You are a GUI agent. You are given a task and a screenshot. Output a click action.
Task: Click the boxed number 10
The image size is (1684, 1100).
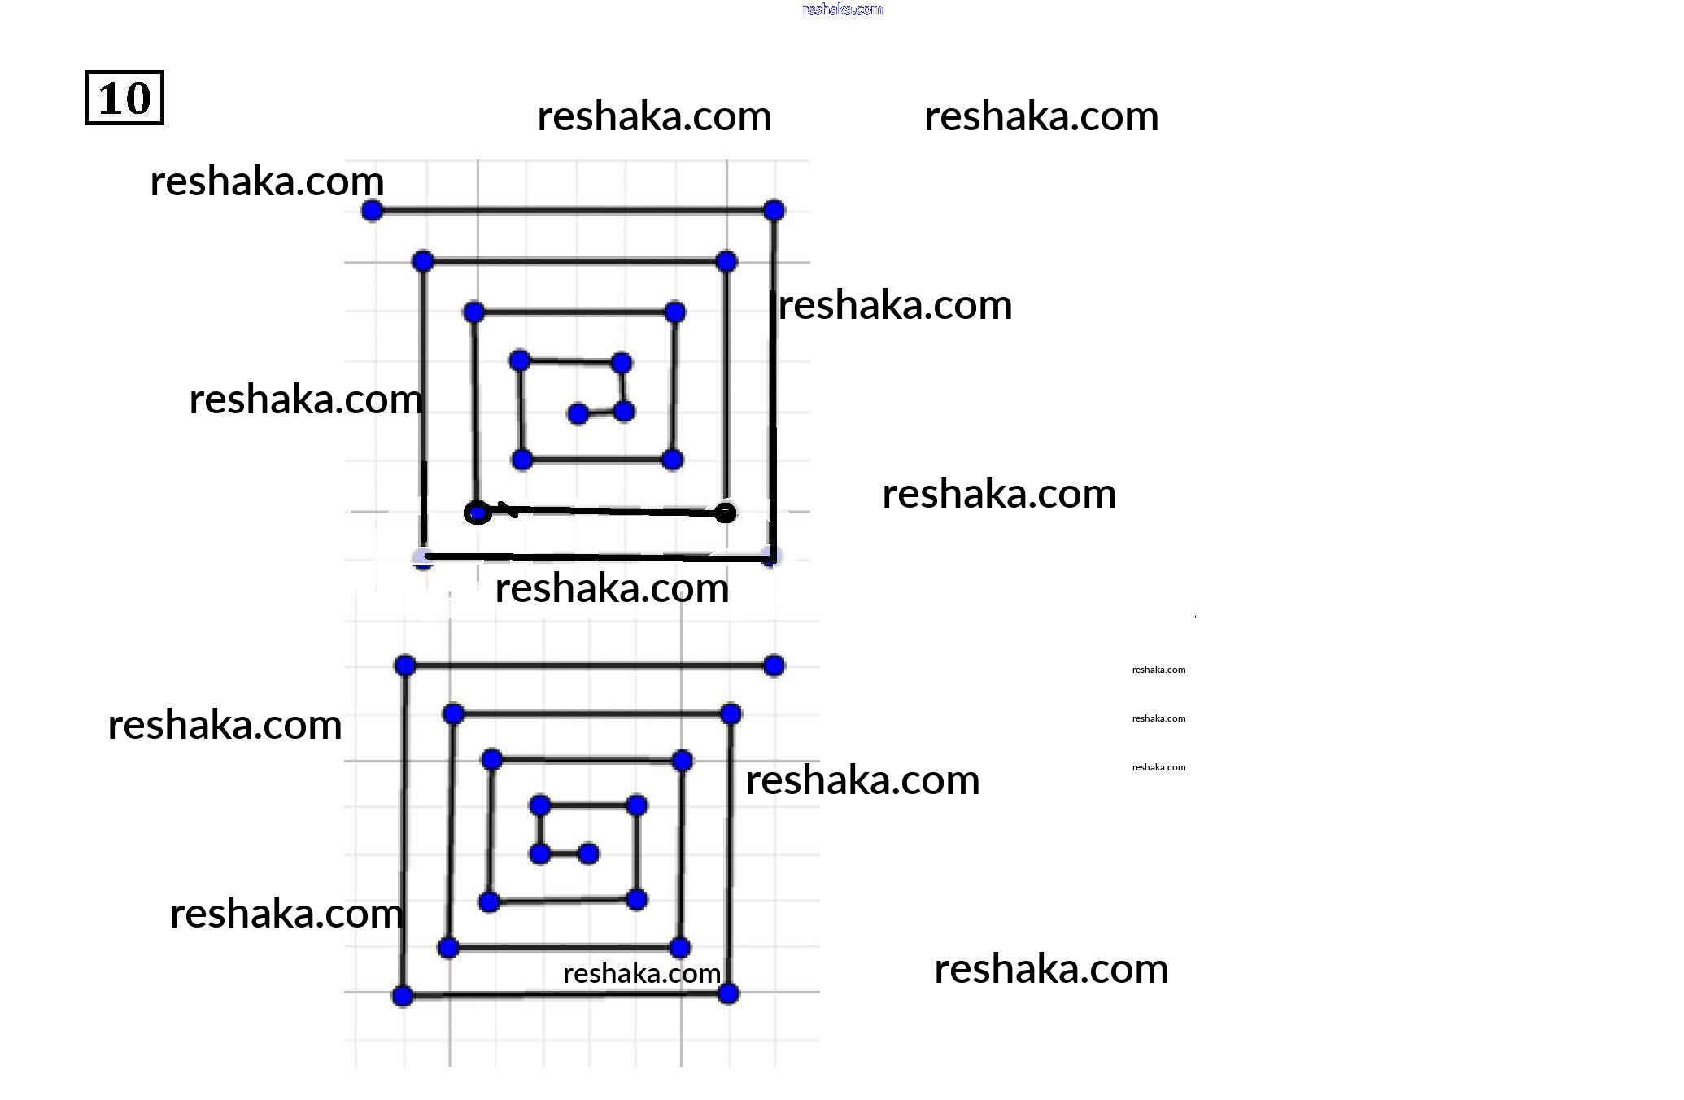[x=124, y=98]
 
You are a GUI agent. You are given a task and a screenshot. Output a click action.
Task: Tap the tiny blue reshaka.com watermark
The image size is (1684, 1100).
[x=842, y=9]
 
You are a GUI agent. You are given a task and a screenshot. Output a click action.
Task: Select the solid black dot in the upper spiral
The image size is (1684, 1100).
[x=725, y=513]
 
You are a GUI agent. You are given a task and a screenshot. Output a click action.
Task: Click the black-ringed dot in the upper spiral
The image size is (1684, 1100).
[x=478, y=513]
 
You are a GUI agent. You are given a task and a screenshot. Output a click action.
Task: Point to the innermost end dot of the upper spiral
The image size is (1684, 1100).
[x=578, y=414]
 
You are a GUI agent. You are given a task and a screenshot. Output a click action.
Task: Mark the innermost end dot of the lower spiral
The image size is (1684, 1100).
[x=588, y=853]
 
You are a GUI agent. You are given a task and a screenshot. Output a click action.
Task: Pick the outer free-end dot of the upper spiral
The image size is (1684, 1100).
[x=372, y=211]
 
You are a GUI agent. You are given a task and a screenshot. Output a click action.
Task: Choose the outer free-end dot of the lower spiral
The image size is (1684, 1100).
[x=774, y=666]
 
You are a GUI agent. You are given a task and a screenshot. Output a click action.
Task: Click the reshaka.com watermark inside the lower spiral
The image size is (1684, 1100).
[x=641, y=973]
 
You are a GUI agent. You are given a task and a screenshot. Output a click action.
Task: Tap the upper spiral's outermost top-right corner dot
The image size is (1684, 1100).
[x=774, y=211]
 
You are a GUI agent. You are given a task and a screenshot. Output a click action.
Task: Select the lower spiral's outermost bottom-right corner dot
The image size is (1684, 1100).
[x=728, y=993]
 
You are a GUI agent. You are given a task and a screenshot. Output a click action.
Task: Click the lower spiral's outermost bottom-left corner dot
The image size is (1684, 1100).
[x=403, y=996]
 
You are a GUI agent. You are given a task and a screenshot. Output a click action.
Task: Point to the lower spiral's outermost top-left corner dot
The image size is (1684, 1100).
[x=405, y=666]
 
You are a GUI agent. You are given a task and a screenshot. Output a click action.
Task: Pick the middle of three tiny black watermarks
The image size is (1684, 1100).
[x=1158, y=718]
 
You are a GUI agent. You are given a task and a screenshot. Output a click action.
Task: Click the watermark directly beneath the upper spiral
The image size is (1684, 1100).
[x=612, y=587]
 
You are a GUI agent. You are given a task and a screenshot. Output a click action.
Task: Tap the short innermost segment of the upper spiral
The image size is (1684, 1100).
[x=601, y=413]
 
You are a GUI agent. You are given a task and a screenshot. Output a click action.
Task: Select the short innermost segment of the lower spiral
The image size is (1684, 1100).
[x=564, y=853]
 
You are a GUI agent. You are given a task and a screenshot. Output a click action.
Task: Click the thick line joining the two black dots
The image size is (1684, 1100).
[x=602, y=511]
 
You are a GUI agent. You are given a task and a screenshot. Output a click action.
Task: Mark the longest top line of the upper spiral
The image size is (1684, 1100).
[x=573, y=211]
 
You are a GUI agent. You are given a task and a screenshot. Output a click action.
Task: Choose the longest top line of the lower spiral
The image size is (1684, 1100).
[x=590, y=666]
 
